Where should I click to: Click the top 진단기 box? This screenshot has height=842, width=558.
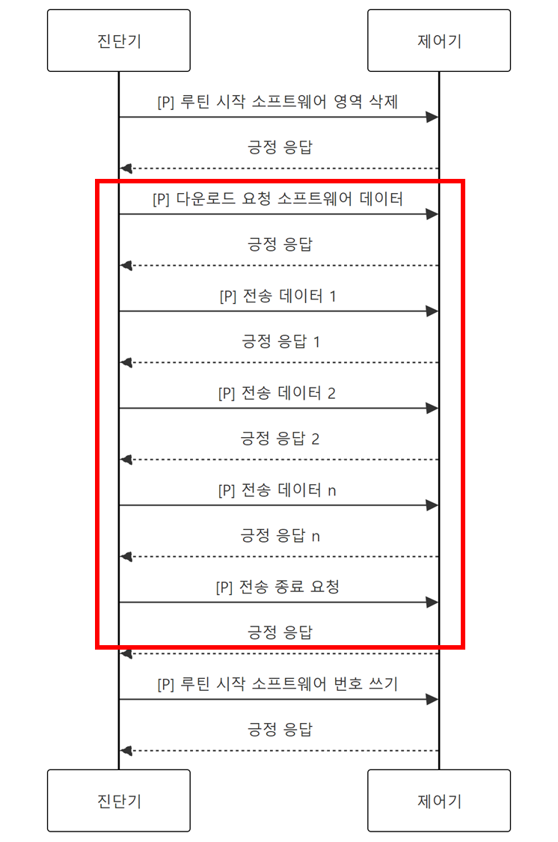pos(118,40)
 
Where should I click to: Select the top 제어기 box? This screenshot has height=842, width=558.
pos(439,40)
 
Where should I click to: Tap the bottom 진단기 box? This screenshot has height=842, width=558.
pos(118,800)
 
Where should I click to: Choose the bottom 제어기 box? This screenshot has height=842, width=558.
pos(439,800)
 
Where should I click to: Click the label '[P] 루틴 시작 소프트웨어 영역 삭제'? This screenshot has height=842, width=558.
pos(278,103)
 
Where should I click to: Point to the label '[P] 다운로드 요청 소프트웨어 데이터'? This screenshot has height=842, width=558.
pos(278,199)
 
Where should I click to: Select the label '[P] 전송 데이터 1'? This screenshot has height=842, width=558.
pos(278,296)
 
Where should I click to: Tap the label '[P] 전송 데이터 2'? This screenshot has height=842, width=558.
pos(278,393)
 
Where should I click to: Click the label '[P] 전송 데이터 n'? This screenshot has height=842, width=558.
pos(278,490)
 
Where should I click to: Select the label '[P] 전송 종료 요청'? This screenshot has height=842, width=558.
pos(278,587)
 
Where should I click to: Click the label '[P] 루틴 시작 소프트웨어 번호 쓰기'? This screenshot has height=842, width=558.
pos(278,684)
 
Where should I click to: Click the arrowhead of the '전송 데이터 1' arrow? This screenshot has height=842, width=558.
pos(432,311)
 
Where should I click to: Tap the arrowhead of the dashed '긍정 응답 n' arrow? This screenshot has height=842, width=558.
pos(126,557)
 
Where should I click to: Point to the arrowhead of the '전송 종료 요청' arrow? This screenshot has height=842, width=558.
pos(432,602)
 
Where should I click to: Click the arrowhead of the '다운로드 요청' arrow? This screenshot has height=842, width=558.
pos(432,214)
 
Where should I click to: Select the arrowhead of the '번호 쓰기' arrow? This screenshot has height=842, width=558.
pos(432,699)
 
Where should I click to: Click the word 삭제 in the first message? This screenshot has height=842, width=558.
pos(381,103)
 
